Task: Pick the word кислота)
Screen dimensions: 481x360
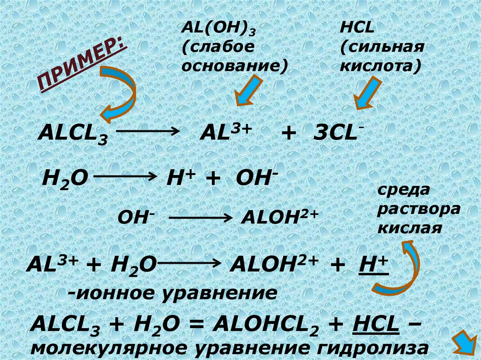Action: click(380, 65)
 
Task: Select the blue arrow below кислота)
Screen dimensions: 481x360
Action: click(366, 93)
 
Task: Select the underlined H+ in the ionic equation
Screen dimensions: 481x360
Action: click(374, 266)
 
